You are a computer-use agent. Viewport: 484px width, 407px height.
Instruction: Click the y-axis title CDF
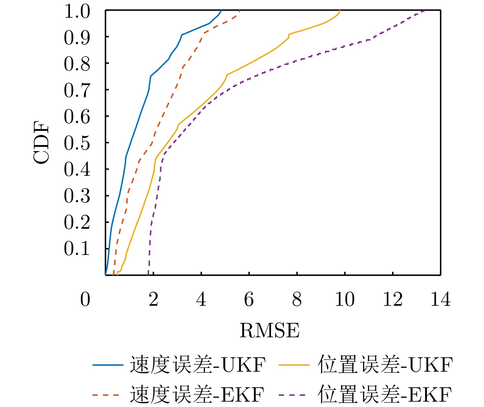coord(42,142)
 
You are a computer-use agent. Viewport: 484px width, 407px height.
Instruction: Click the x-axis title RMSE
coord(270,331)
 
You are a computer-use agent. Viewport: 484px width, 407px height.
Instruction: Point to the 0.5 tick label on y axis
coord(77,143)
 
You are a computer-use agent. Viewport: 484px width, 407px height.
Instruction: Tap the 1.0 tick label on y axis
coord(77,12)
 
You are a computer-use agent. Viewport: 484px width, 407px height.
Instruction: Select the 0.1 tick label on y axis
coord(77,249)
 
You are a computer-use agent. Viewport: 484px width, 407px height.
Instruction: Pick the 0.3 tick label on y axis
coord(77,196)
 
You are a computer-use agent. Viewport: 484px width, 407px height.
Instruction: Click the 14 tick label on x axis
coord(440,299)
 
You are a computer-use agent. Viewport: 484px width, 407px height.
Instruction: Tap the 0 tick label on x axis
coord(85,299)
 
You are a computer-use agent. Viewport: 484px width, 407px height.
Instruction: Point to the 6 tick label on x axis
coord(249,299)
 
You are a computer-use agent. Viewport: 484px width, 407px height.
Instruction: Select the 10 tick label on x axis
coord(345,299)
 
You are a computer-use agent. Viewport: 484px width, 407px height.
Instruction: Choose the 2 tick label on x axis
coord(153,299)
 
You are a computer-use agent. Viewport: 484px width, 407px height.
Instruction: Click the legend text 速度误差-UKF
coord(198,365)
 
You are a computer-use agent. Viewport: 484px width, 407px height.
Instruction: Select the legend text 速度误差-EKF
coord(197,394)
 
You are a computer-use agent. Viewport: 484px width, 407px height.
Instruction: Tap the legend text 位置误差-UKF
coord(385,365)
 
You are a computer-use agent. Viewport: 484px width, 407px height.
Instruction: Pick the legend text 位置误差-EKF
coord(385,394)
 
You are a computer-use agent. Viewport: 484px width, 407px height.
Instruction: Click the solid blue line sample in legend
coord(108,365)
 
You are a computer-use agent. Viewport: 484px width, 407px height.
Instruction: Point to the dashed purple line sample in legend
coord(292,395)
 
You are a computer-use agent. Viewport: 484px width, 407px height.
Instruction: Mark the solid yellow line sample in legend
coord(294,365)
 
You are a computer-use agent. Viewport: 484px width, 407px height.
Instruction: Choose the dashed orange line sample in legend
coord(106,395)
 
